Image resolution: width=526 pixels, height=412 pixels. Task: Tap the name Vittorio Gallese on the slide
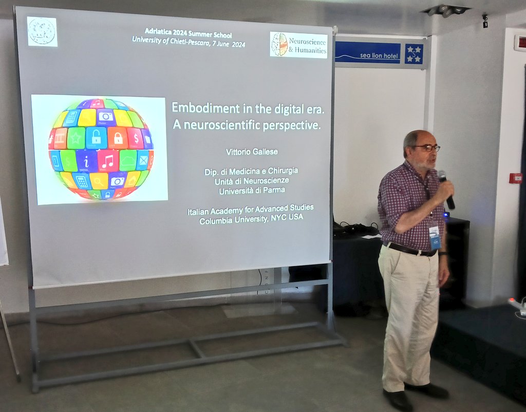click(x=251, y=153)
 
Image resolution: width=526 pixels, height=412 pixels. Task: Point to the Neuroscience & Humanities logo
click(x=298, y=45)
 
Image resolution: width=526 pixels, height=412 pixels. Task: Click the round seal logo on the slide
click(x=42, y=31)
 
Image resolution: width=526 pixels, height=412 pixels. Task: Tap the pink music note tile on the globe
click(x=108, y=161)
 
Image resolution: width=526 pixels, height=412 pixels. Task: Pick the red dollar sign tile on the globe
click(x=135, y=138)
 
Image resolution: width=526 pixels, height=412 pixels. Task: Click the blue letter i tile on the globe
click(x=86, y=161)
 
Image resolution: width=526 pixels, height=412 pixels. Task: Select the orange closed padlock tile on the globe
click(x=118, y=138)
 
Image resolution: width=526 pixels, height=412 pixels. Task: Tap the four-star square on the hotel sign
click(x=414, y=53)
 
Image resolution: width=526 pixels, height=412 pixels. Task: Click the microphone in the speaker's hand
click(x=445, y=189)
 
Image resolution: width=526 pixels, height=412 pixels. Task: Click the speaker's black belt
click(x=411, y=250)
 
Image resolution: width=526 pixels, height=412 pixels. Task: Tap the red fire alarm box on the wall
click(x=516, y=178)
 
